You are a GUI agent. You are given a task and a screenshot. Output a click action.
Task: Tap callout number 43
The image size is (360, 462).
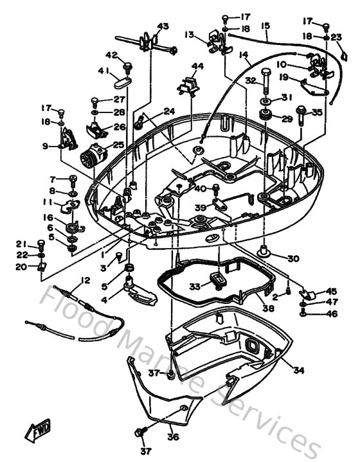tap(163, 26)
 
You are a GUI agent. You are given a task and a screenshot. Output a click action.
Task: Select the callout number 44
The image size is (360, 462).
tap(197, 66)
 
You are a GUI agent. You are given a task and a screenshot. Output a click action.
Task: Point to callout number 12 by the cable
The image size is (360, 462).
tap(84, 280)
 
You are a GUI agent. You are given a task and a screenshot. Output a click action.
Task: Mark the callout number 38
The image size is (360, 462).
tap(267, 308)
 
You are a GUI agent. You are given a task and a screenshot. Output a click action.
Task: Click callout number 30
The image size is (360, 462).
tap(293, 259)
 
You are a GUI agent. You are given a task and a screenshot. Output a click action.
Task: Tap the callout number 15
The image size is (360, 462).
tap(265, 26)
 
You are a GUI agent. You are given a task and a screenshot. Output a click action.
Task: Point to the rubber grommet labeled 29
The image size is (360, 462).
tap(264, 117)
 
